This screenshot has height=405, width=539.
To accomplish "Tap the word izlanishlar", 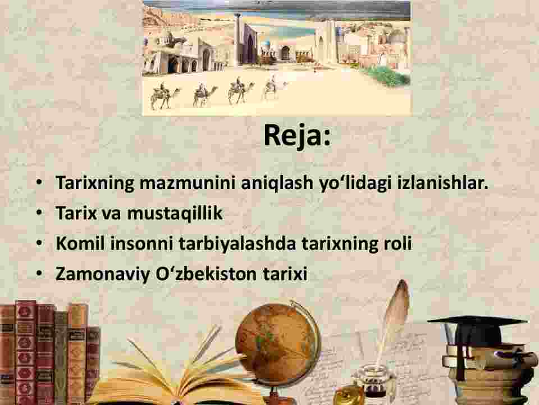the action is (443, 182).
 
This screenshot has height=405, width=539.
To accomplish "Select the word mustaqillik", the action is (175, 213).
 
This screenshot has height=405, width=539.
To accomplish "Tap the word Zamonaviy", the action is (103, 274).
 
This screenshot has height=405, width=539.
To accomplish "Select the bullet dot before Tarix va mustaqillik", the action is (40, 213).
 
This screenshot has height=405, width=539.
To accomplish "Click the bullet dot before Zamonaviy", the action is (40, 273).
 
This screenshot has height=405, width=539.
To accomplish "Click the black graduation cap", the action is (478, 331).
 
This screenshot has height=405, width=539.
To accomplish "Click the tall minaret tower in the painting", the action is (238, 39).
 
